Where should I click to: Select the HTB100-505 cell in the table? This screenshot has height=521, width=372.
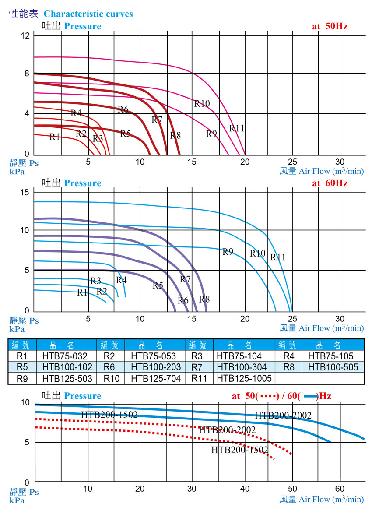tap(333, 367)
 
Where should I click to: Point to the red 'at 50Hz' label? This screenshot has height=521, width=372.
tap(330, 26)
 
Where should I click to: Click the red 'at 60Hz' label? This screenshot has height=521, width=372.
tap(330, 183)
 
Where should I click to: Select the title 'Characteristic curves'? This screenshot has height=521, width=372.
tap(88, 14)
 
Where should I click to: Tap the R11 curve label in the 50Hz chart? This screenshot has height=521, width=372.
tap(237, 128)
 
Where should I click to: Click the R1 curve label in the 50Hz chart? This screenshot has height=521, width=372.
tap(55, 137)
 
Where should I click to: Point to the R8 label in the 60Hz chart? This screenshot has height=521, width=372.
tap(204, 299)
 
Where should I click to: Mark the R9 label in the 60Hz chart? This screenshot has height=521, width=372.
tap(228, 252)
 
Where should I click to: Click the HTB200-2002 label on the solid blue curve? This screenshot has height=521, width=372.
tap(283, 415)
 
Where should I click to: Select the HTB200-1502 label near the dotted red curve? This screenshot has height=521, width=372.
tap(240, 450)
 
